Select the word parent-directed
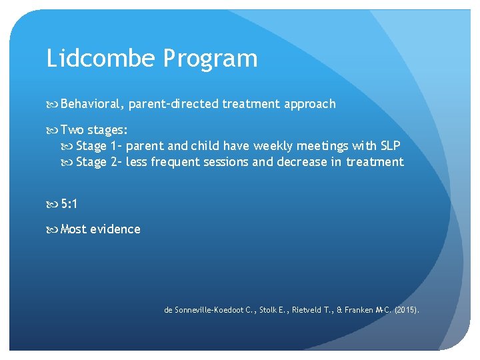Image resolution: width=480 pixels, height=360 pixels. [173, 104]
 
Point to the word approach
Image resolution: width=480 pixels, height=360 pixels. [311, 104]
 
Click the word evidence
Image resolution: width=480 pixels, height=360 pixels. [115, 229]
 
